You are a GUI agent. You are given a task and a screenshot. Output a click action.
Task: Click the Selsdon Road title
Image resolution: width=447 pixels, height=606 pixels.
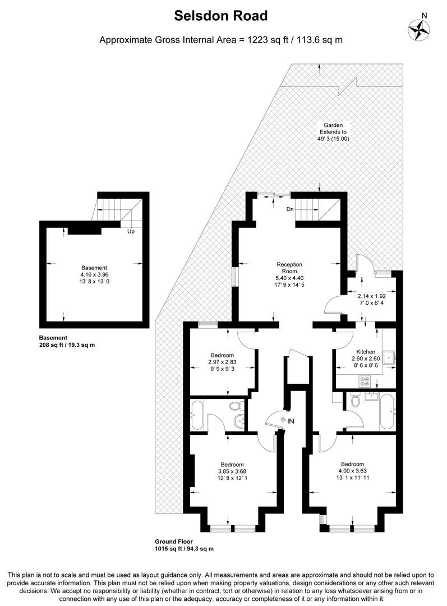[220, 16]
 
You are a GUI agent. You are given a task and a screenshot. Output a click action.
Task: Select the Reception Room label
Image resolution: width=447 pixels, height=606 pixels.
[289, 268]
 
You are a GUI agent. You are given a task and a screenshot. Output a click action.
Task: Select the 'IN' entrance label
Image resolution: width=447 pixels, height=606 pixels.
[290, 421]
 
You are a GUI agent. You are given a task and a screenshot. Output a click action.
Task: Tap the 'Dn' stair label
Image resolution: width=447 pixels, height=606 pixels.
[290, 209]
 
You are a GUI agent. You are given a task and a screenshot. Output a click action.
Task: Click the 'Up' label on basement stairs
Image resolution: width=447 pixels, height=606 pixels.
[131, 231]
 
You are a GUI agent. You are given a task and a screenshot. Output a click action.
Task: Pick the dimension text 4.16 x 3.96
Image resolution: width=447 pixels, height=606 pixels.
[94, 275]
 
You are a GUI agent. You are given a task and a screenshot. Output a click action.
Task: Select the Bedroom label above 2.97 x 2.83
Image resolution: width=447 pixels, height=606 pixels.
[222, 355]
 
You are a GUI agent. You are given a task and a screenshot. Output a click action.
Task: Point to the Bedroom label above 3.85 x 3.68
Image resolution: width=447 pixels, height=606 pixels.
[232, 465]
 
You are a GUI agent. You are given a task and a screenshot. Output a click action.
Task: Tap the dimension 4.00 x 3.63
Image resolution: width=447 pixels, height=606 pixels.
[352, 471]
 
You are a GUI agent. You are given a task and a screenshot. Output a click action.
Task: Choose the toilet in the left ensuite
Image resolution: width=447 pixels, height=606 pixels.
[236, 406]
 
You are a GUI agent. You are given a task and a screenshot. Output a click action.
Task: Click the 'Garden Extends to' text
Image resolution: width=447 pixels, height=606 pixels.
[333, 128]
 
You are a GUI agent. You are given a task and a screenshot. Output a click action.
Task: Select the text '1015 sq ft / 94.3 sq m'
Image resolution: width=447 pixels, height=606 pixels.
[184, 549]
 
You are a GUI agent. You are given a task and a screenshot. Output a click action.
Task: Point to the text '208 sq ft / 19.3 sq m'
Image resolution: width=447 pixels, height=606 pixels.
[67, 345]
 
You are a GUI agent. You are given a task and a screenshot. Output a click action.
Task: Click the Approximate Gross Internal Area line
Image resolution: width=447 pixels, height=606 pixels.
[220, 40]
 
